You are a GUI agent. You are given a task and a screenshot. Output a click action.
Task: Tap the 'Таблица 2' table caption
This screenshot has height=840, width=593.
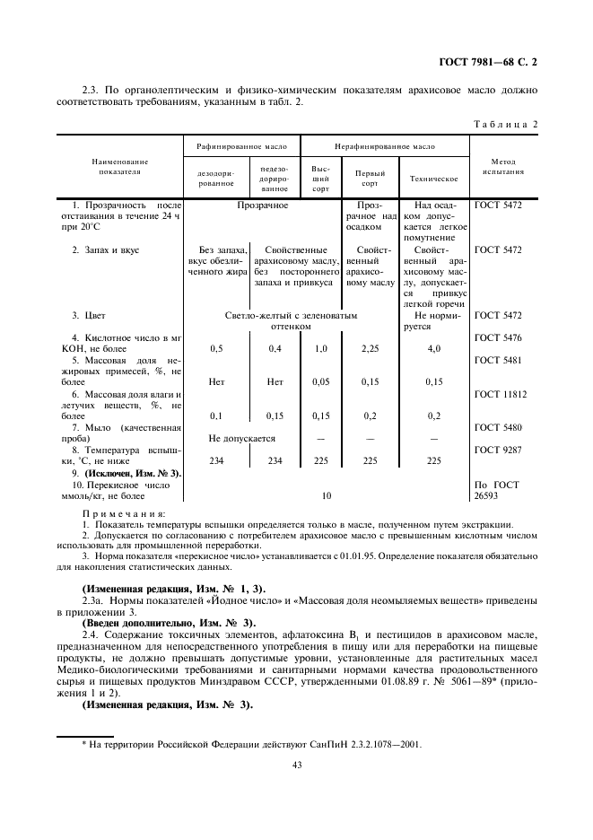pyautogui.click(x=504, y=123)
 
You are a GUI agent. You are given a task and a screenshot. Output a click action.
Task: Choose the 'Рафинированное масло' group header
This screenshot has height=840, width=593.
pyautogui.click(x=242, y=144)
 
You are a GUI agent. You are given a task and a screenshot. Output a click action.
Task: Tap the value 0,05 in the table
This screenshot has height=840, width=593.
pyautogui.click(x=320, y=381)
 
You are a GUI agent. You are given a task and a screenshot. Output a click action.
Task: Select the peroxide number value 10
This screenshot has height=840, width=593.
pyautogui.click(x=326, y=494)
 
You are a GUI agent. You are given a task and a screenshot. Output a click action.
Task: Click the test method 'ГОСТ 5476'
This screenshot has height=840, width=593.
pyautogui.click(x=498, y=337)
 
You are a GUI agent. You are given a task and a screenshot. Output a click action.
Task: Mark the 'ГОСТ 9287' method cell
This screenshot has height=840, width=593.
pyautogui.click(x=498, y=450)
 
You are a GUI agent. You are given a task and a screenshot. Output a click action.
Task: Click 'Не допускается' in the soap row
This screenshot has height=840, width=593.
pyautogui.click(x=241, y=438)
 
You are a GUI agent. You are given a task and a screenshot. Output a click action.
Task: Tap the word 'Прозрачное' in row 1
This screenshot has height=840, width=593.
pyautogui.click(x=262, y=206)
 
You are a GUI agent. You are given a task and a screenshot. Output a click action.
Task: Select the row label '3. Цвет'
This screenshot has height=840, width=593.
pyautogui.click(x=90, y=316)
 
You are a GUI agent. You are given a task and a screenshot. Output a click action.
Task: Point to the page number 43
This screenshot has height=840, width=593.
pyautogui.click(x=295, y=765)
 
